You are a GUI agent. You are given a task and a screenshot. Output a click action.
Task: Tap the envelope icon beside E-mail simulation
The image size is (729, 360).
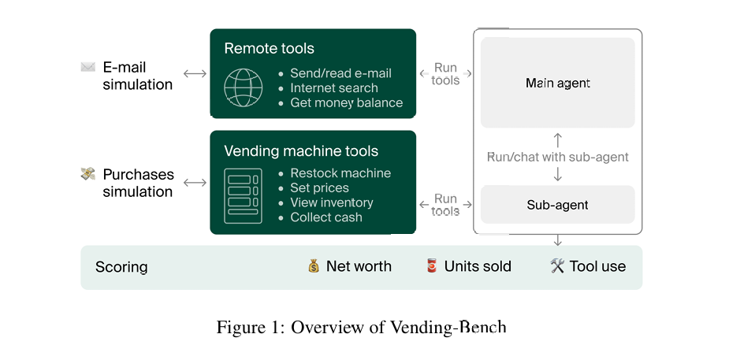87,68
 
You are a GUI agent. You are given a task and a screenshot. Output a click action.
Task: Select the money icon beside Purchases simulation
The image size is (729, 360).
88,174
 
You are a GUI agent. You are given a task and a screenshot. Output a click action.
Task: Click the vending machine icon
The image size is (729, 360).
243,195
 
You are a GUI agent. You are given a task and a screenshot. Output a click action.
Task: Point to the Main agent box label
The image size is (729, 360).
557,83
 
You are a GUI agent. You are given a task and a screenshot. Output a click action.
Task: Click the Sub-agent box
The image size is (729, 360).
557,205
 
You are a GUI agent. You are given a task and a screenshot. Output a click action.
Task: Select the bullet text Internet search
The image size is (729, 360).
333,88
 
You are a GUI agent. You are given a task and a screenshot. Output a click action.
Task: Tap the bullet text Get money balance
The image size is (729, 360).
346,102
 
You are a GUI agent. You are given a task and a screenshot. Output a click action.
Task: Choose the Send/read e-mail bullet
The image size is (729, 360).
340,73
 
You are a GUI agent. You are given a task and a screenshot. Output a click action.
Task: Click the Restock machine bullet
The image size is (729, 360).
340,173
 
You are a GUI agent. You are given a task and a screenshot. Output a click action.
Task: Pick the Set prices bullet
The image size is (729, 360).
319,188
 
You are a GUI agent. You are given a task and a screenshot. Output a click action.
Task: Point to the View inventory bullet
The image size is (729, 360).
331,202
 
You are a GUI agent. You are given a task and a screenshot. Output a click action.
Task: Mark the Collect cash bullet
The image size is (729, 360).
326,217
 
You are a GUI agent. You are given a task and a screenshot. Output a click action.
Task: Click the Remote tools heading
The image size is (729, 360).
269,49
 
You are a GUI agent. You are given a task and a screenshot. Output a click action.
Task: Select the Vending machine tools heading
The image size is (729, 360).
301,151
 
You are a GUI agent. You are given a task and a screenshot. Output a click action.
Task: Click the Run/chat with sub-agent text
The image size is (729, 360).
557,157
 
